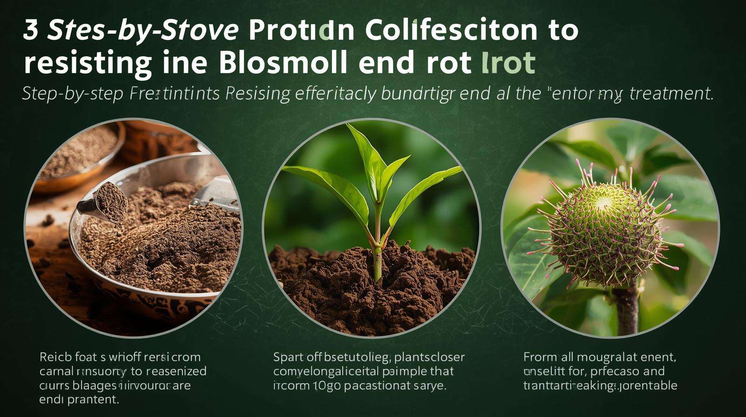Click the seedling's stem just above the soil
[378, 261]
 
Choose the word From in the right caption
[540, 357]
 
